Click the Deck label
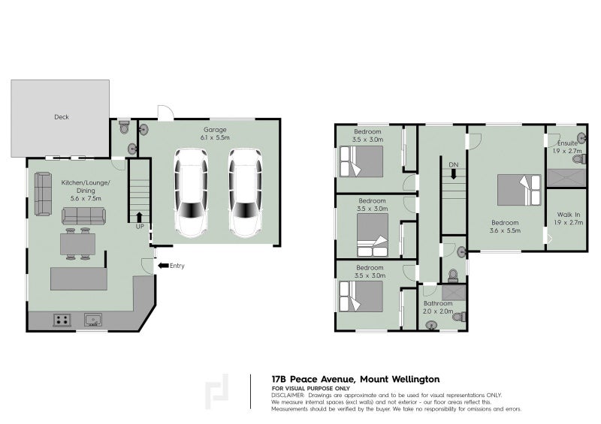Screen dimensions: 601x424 (x=62, y=117)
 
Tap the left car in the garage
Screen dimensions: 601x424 (x=191, y=193)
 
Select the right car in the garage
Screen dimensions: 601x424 (x=246, y=193)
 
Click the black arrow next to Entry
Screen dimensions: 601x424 (x=163, y=266)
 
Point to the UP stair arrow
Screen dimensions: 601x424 (x=139, y=217)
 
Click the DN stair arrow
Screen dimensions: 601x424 (x=454, y=174)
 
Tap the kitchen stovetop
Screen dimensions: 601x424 (x=62, y=320)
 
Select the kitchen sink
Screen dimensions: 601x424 (x=92, y=320)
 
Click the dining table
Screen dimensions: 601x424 (x=78, y=244)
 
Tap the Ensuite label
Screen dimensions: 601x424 (x=567, y=143)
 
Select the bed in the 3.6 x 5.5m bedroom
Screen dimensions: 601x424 (x=519, y=190)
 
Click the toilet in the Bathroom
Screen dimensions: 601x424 (x=459, y=317)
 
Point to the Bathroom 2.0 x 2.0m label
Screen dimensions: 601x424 (x=438, y=307)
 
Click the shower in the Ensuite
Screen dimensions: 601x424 (x=566, y=178)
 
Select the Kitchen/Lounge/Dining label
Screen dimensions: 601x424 (x=86, y=187)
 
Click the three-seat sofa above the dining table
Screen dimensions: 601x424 (x=83, y=216)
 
